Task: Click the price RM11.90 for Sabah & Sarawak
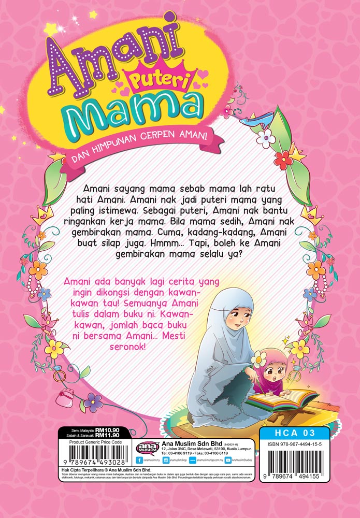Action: pos(110,437)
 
